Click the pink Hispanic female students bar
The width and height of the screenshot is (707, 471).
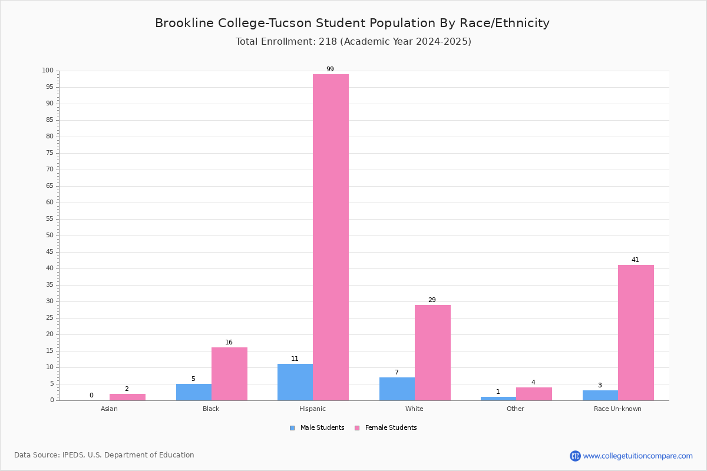[x=331, y=237]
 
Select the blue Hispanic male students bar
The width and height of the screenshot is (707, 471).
[x=295, y=382]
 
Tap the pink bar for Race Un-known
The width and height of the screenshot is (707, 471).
[x=636, y=333]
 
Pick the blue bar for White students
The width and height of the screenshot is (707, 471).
[x=397, y=389]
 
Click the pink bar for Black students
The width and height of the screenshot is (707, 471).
[x=229, y=374]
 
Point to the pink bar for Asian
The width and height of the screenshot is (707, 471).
[x=127, y=397]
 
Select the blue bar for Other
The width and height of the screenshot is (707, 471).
[x=498, y=399]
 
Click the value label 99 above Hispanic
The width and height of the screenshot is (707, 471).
[x=330, y=69]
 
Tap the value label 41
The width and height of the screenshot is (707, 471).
[x=635, y=260]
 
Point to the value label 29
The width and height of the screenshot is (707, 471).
[x=432, y=300]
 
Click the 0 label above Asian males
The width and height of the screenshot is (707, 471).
[x=91, y=395]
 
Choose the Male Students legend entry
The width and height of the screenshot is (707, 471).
[x=317, y=428]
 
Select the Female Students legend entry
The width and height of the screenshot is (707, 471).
[x=386, y=428]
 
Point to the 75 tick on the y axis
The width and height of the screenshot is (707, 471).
[x=50, y=153]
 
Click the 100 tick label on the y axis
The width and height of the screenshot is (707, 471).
[x=48, y=71]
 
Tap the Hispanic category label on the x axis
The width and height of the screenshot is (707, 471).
[x=312, y=409]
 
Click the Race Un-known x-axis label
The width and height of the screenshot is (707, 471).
[x=617, y=409]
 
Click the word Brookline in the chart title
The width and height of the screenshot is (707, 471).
[x=184, y=24]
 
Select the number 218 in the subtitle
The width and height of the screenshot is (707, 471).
[x=328, y=42]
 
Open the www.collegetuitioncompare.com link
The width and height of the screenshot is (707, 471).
[x=637, y=456]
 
